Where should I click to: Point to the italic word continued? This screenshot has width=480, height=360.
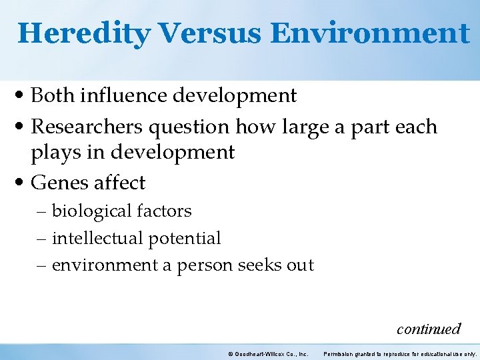tap(428, 329)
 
